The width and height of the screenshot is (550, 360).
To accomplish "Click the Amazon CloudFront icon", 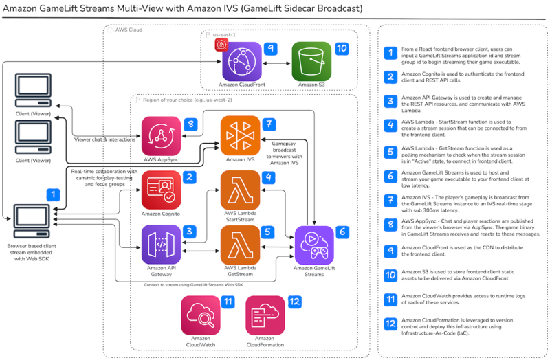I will click(x=242, y=61).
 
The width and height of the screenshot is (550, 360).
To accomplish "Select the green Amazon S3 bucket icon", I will click(x=311, y=61).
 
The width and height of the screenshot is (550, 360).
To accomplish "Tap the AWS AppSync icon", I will click(x=162, y=137).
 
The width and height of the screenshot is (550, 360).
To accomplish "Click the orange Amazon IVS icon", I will click(x=241, y=137).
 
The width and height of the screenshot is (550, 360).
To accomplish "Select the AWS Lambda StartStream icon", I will click(x=241, y=190).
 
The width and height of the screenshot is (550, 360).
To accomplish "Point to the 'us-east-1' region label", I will click(x=227, y=34).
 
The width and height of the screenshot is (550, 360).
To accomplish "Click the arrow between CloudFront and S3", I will click(x=277, y=61).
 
